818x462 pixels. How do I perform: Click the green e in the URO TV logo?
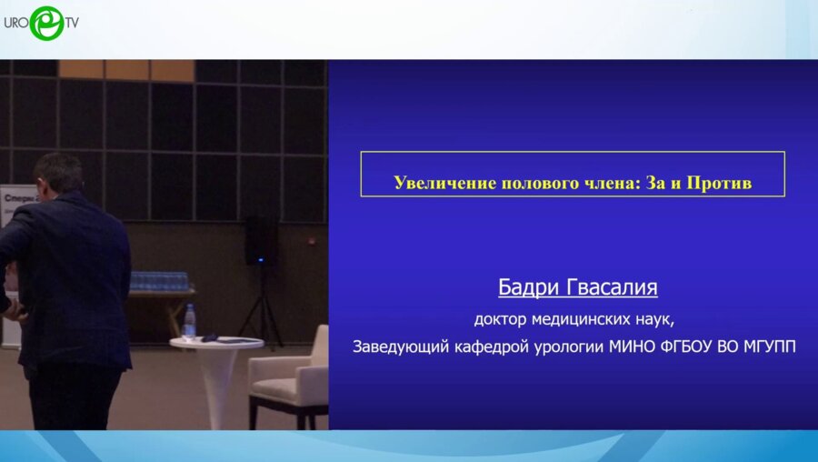pos(45,24)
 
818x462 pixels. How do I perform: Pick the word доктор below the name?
pos(501,319)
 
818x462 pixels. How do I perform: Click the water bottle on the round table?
pos(189,321)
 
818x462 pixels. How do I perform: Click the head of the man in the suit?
pos(57,174)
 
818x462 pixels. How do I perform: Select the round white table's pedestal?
pos(218,382)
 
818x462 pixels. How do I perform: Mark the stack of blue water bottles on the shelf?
pos(159,280)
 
